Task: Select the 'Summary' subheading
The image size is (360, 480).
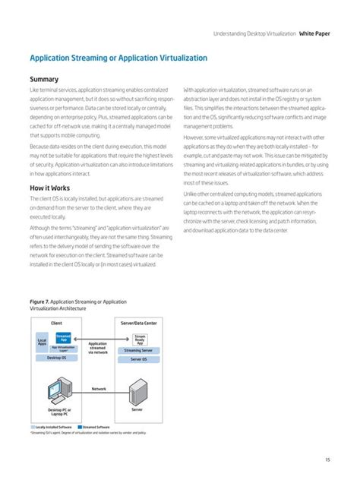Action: [x=44, y=79]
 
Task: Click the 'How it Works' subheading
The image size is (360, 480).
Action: [x=51, y=187]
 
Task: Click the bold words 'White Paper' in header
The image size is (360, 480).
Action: [x=315, y=34]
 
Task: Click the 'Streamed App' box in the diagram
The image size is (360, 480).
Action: [x=64, y=337]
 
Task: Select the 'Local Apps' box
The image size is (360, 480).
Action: [x=42, y=343]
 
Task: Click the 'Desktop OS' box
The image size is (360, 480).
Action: [x=56, y=357]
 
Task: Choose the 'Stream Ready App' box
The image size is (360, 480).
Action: [x=140, y=338]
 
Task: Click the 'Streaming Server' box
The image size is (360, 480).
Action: [x=139, y=350]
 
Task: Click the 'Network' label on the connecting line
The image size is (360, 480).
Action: [x=99, y=388]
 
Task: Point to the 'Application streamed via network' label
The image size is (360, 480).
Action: [x=98, y=347]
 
